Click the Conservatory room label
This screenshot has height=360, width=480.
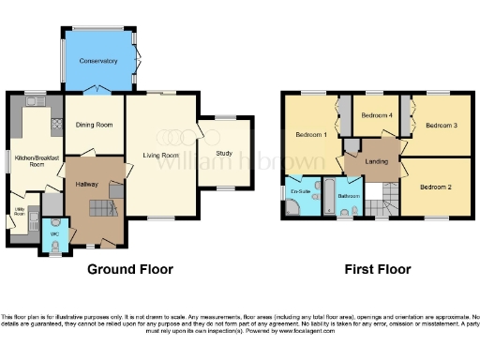pos(98,61)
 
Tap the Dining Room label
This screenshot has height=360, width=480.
pos(94,124)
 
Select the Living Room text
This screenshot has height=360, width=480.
pos(160,156)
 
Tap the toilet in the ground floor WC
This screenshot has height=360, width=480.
pos(54,246)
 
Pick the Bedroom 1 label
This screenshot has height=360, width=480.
pos(310,134)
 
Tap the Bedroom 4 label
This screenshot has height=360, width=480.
pos(376,115)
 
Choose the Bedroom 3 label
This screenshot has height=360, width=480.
pos(441,125)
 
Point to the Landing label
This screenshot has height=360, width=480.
pos(377,161)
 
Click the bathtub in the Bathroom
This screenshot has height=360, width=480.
pos(329,195)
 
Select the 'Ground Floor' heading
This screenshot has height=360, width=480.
pos(130,269)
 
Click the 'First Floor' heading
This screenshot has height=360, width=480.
pos(379,269)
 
